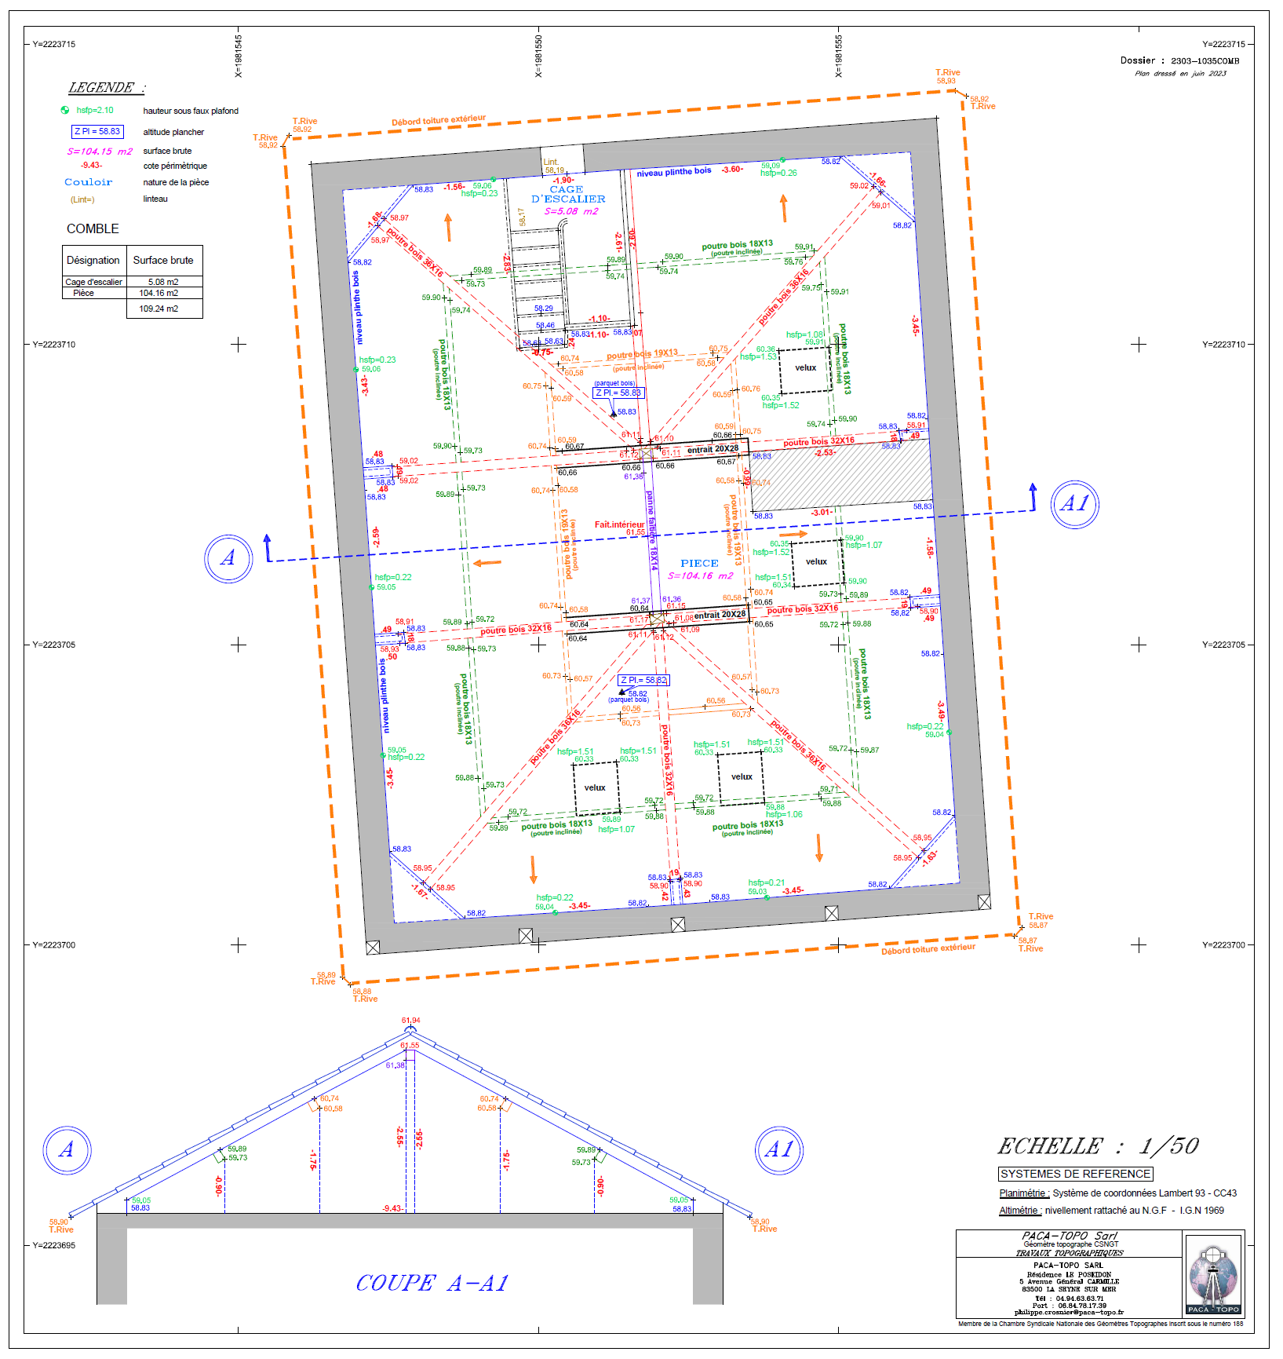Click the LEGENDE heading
(x=107, y=88)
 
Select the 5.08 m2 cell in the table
(x=163, y=282)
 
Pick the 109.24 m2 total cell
(x=159, y=309)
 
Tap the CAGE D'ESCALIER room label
(x=567, y=195)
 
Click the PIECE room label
(x=699, y=563)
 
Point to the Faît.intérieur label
(x=619, y=524)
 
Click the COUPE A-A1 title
(x=432, y=1283)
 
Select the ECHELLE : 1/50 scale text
(x=1098, y=1146)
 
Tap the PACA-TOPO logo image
(x=1213, y=1273)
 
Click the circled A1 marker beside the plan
(x=1074, y=504)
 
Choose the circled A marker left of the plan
(x=228, y=558)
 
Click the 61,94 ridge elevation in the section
(x=411, y=1021)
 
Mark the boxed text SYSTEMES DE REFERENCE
(x=1075, y=1174)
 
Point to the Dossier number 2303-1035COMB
(x=1205, y=60)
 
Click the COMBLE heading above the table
(x=93, y=228)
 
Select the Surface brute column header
(x=163, y=260)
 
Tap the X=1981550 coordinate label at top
(x=538, y=56)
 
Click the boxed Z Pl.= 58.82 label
(x=643, y=680)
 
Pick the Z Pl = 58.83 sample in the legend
(x=97, y=132)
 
